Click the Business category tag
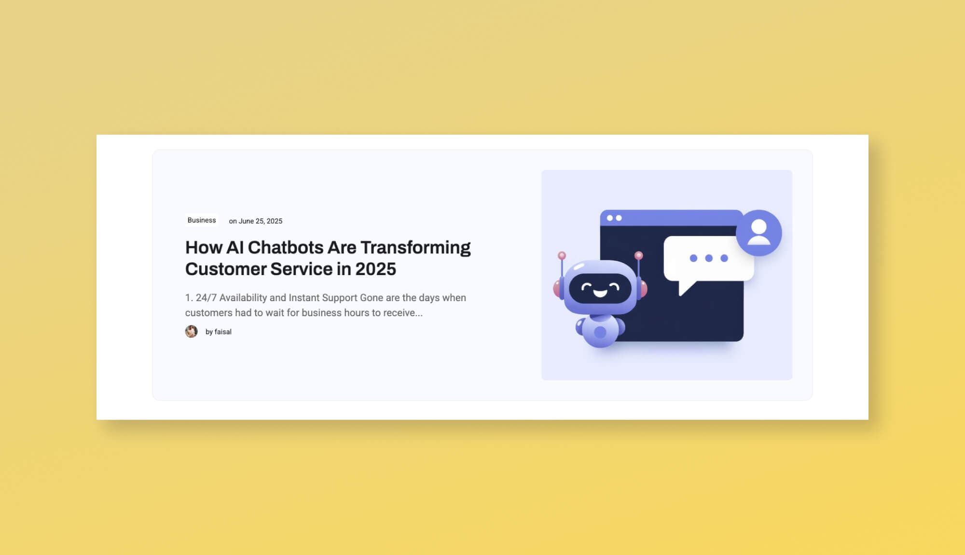(202, 220)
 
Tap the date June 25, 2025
(260, 221)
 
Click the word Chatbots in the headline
(285, 248)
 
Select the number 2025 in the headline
(375, 269)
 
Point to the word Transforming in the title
(415, 248)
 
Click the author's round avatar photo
(192, 332)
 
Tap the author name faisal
(223, 332)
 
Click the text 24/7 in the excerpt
(206, 298)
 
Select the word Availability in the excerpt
(243, 298)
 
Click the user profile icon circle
(758, 233)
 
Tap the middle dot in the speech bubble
(709, 258)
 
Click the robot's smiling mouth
(600, 293)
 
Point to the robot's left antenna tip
(562, 255)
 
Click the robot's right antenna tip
(638, 255)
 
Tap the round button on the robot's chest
(600, 332)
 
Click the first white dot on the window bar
(609, 218)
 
